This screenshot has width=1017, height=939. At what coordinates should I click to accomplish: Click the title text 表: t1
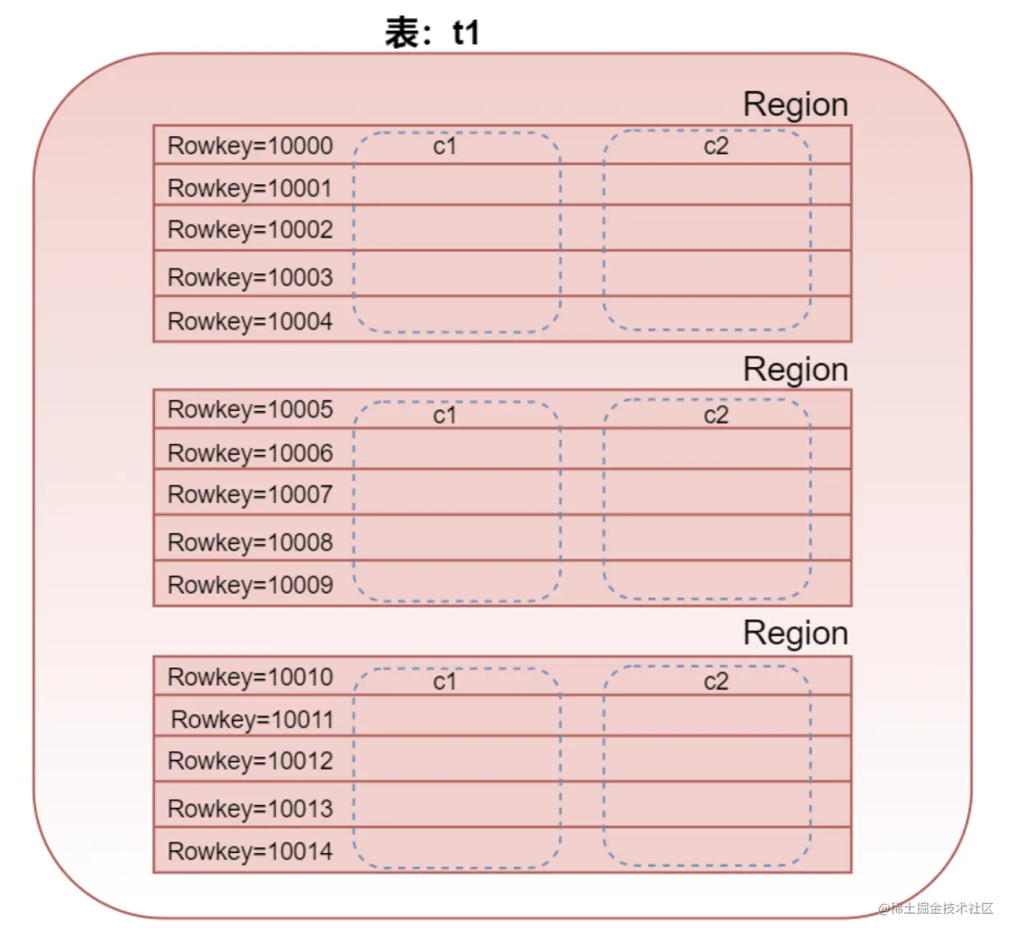click(x=432, y=33)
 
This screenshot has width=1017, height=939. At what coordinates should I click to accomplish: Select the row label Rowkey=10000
click(x=250, y=146)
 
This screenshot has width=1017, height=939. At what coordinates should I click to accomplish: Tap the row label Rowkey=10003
click(x=250, y=278)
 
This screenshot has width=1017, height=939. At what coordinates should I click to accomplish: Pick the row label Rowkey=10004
click(x=250, y=321)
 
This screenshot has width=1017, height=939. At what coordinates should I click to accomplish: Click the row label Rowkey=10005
click(x=250, y=410)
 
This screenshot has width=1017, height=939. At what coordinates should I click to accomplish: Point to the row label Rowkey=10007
click(x=250, y=495)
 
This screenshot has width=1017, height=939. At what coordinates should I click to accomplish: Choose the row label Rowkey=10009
click(x=250, y=585)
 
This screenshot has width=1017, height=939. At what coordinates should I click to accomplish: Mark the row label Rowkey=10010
click(x=250, y=677)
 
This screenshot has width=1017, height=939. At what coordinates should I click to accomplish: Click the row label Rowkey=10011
click(x=252, y=720)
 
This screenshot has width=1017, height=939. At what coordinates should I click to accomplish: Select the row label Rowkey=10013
click(x=250, y=809)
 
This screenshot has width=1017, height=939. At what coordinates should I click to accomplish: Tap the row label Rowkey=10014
click(x=250, y=852)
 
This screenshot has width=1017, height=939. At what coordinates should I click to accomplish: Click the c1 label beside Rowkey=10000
click(x=444, y=147)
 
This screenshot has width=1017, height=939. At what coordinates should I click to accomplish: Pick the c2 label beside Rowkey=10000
click(x=716, y=147)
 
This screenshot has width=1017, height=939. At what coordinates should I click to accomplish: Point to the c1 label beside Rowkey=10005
click(x=444, y=416)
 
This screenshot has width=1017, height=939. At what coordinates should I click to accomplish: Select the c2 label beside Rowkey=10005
click(x=716, y=416)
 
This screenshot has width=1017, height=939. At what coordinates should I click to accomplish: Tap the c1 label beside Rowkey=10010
click(x=444, y=682)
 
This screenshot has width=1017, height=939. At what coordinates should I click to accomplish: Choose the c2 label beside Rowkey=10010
click(x=716, y=682)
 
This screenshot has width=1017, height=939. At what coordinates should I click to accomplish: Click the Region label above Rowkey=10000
click(x=795, y=105)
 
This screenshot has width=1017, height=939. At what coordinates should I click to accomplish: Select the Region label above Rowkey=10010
click(x=795, y=633)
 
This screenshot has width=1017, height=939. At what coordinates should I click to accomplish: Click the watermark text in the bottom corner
click(x=936, y=909)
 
